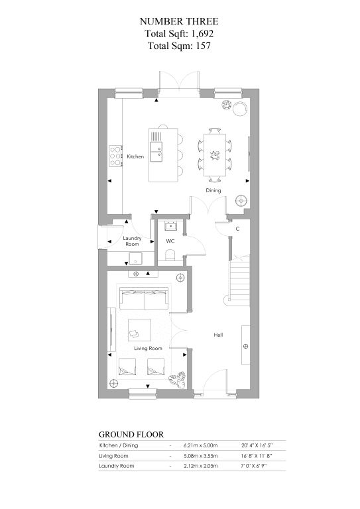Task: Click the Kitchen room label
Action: (135, 156)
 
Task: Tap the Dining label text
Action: (213, 190)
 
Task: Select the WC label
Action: (170, 241)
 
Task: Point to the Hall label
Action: (218, 335)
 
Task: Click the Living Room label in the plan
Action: (148, 349)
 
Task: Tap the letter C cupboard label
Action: (237, 229)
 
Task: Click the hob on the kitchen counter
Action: (115, 156)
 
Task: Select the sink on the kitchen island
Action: (156, 151)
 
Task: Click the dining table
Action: (215, 155)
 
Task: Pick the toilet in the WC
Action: (170, 254)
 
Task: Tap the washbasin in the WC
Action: (170, 225)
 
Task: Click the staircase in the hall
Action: (239, 282)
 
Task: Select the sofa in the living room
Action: (144, 298)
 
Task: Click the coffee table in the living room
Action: (140, 330)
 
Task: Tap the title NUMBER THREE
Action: (179, 21)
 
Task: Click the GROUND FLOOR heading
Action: (131, 434)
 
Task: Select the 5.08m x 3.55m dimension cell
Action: (201, 456)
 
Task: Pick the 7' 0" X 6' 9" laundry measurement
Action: (257, 466)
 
